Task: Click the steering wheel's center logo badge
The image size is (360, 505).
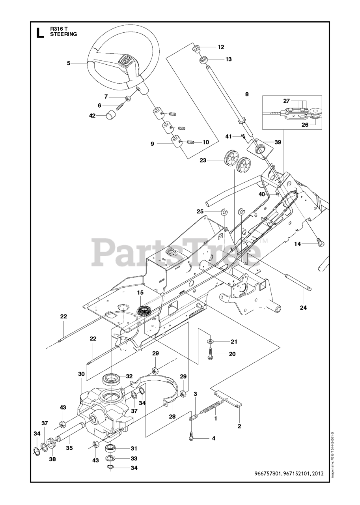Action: (x=126, y=61)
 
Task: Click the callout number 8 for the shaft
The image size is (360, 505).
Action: (x=247, y=94)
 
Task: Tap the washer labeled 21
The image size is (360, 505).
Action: (x=210, y=340)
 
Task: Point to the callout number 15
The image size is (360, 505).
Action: (x=140, y=292)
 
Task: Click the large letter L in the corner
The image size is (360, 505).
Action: (x=40, y=33)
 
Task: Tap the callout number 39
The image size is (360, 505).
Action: (x=278, y=142)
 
